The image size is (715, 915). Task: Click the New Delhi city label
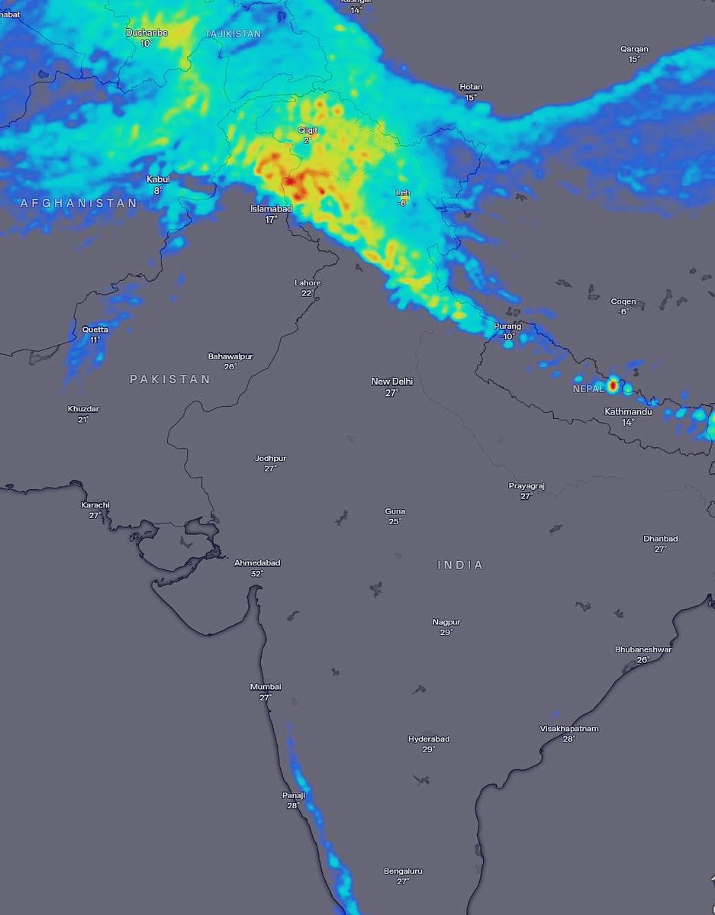[391, 382]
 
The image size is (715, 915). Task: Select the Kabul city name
[158, 179]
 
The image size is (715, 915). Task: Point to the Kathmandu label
[628, 412]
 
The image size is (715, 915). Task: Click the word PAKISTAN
[169, 379]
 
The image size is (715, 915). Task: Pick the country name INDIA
[460, 565]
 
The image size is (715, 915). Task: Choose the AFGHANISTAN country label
[79, 203]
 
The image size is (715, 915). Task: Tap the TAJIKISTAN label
[233, 34]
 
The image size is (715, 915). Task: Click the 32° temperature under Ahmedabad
[256, 574]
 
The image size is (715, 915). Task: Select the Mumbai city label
[266, 687]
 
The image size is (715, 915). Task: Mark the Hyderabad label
[429, 739]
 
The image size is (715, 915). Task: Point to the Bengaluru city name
[403, 871]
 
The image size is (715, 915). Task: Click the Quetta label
[95, 330]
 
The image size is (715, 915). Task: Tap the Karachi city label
[95, 505]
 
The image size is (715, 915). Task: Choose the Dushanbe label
[147, 33]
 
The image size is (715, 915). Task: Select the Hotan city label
[471, 87]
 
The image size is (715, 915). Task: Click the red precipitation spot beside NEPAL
[612, 386]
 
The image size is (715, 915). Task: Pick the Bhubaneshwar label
[643, 649]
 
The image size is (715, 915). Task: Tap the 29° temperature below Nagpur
[446, 633]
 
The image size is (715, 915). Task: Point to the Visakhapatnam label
[569, 729]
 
